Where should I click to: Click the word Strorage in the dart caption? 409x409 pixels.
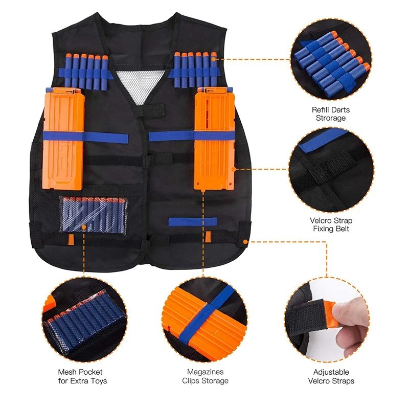[x=331, y=118]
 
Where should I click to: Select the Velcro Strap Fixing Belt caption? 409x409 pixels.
[x=331, y=224]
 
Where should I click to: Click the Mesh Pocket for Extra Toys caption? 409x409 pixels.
[x=82, y=376]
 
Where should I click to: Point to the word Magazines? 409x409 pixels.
[x=205, y=372]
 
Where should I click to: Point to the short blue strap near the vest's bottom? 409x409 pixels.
[x=193, y=221]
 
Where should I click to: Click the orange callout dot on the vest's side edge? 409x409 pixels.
[x=246, y=241]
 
